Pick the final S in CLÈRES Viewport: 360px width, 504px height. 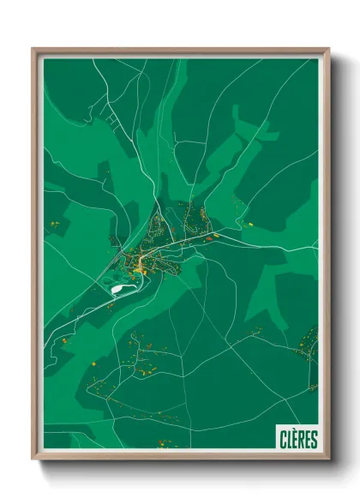click(x=314, y=439)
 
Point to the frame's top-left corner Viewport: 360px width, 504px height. click(x=33, y=49)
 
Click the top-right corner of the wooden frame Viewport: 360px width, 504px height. click(x=328, y=49)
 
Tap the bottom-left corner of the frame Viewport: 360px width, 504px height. click(x=33, y=459)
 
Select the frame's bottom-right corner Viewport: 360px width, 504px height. click(x=328, y=459)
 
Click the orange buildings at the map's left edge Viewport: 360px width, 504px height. click(x=54, y=225)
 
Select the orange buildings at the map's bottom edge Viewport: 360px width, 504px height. click(x=162, y=443)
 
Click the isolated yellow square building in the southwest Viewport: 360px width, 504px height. click(x=93, y=365)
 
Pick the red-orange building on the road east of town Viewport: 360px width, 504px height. click(x=217, y=237)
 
